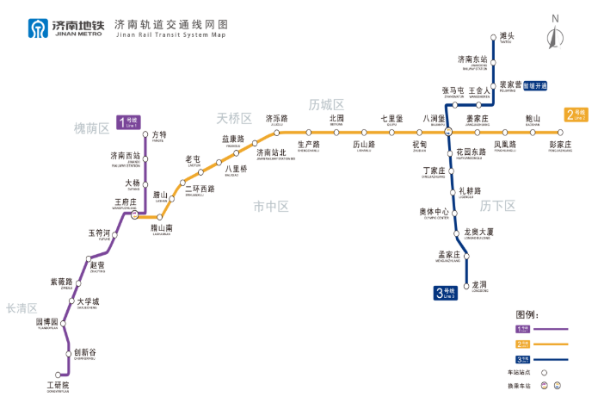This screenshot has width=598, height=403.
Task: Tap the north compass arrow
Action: click(x=556, y=36)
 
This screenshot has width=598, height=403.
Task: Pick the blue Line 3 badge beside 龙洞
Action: click(x=445, y=293)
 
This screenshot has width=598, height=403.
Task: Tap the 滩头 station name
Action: click(x=506, y=36)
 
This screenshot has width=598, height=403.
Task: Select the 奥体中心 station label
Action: click(x=435, y=211)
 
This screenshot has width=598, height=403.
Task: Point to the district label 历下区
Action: click(x=498, y=205)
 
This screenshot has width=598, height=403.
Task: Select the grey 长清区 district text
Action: click(x=22, y=307)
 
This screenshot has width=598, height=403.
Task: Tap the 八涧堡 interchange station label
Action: click(x=435, y=118)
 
